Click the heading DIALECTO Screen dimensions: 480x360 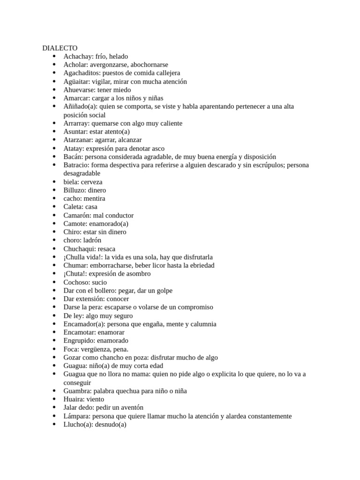coord(60,48)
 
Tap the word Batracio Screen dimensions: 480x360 coord(76,165)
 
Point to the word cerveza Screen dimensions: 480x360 coord(91,182)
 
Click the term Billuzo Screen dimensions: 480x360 coord(75,190)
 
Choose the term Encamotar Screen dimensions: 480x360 coord(80,332)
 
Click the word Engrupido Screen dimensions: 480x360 coord(79,341)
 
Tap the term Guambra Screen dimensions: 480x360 coord(77,391)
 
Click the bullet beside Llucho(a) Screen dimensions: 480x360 coord(54,425)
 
